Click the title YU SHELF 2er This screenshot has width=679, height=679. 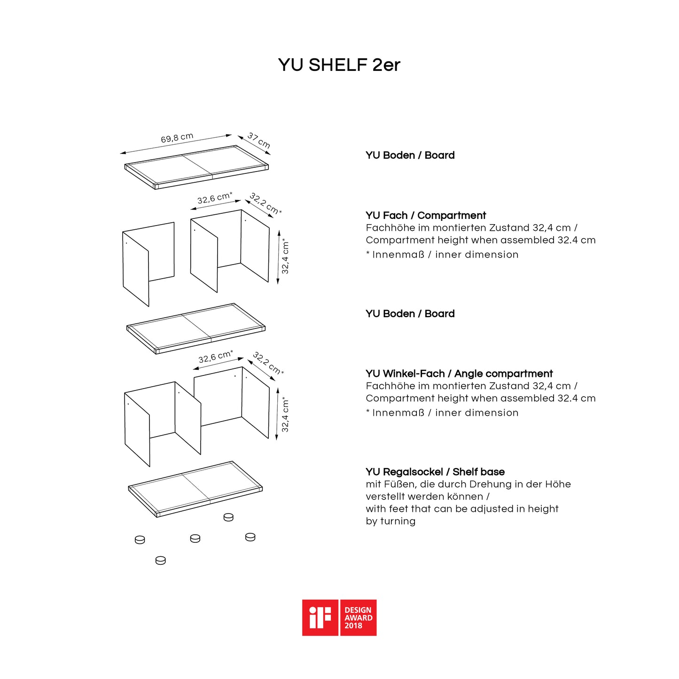coord(339,65)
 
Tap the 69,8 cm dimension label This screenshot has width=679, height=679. coord(177,138)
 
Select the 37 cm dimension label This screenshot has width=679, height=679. coord(259,140)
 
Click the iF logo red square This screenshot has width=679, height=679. coord(320,617)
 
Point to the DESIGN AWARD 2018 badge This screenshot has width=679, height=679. coord(358,617)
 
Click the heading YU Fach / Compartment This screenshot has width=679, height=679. coord(426,215)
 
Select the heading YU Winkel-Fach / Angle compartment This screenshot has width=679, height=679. coord(459,374)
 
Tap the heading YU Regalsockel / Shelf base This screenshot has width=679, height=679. coord(435,472)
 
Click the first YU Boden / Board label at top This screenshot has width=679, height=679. coord(410,155)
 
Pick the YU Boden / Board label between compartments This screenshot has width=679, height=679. coord(410,313)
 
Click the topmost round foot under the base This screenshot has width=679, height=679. coord(228,517)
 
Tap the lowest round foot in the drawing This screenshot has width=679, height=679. coord(161,560)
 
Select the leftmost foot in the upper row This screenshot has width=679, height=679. coord(140,540)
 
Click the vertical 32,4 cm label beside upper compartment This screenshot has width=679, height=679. coord(285,257)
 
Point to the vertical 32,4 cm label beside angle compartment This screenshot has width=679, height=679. coord(285,415)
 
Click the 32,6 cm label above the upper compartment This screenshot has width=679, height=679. coord(215,198)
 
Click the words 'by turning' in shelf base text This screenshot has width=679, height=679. coord(390,521)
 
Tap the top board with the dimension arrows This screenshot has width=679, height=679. coord(196,167)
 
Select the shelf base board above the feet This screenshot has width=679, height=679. coord(195,489)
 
